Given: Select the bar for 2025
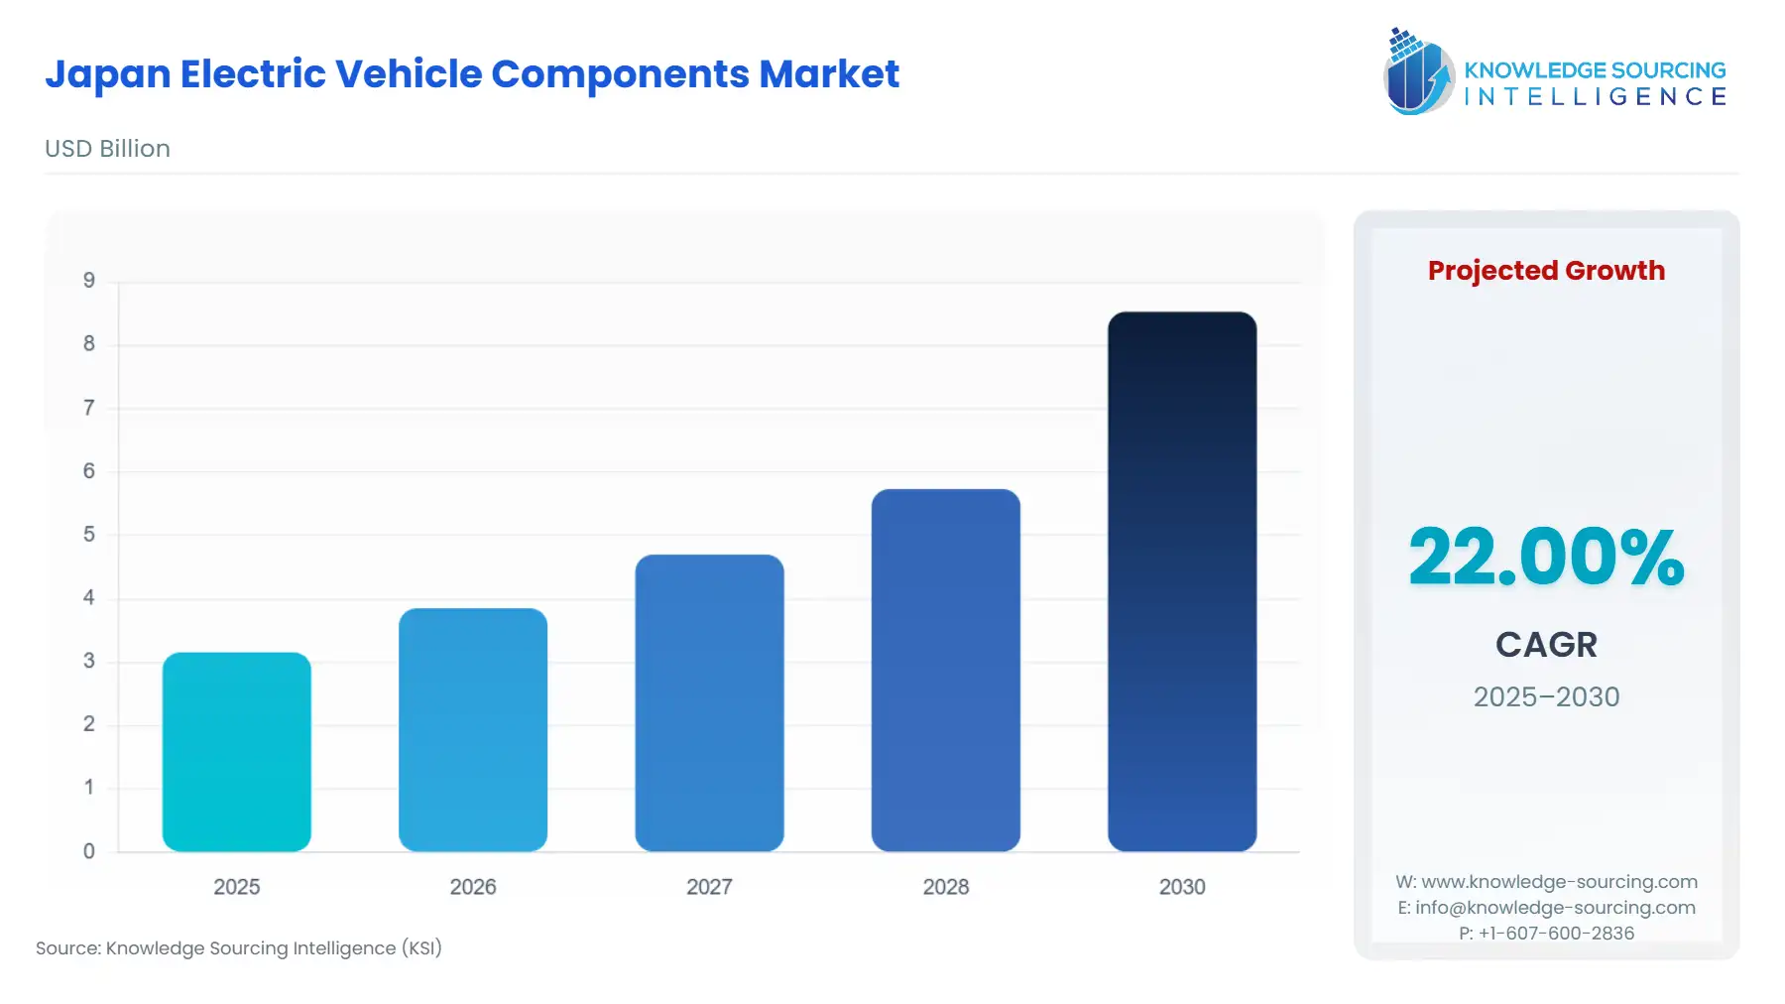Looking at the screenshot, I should point(237,751).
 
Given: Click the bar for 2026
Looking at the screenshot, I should point(473,729).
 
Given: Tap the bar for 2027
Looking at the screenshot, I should point(709,702).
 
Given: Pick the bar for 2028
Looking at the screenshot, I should point(946,670).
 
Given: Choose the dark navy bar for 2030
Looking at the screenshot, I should point(1182,581).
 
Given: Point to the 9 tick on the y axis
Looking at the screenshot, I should point(89,281).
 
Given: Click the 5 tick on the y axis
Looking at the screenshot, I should point(89,535).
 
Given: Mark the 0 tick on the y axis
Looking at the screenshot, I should point(89,851).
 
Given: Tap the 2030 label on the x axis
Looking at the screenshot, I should point(1182,887).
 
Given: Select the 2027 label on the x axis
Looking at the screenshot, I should point(709,887).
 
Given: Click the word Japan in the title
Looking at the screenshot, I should point(107,75).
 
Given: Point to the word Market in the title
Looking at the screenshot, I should point(828,74).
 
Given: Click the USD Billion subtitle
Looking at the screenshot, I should point(107,149).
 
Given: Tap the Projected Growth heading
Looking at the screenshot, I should point(1546,271).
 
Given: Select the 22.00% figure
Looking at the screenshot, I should point(1546,557).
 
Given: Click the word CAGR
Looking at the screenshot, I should point(1546,645).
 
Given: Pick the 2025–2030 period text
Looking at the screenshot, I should point(1546,696).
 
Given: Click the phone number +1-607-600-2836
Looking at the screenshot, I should point(1556,934).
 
